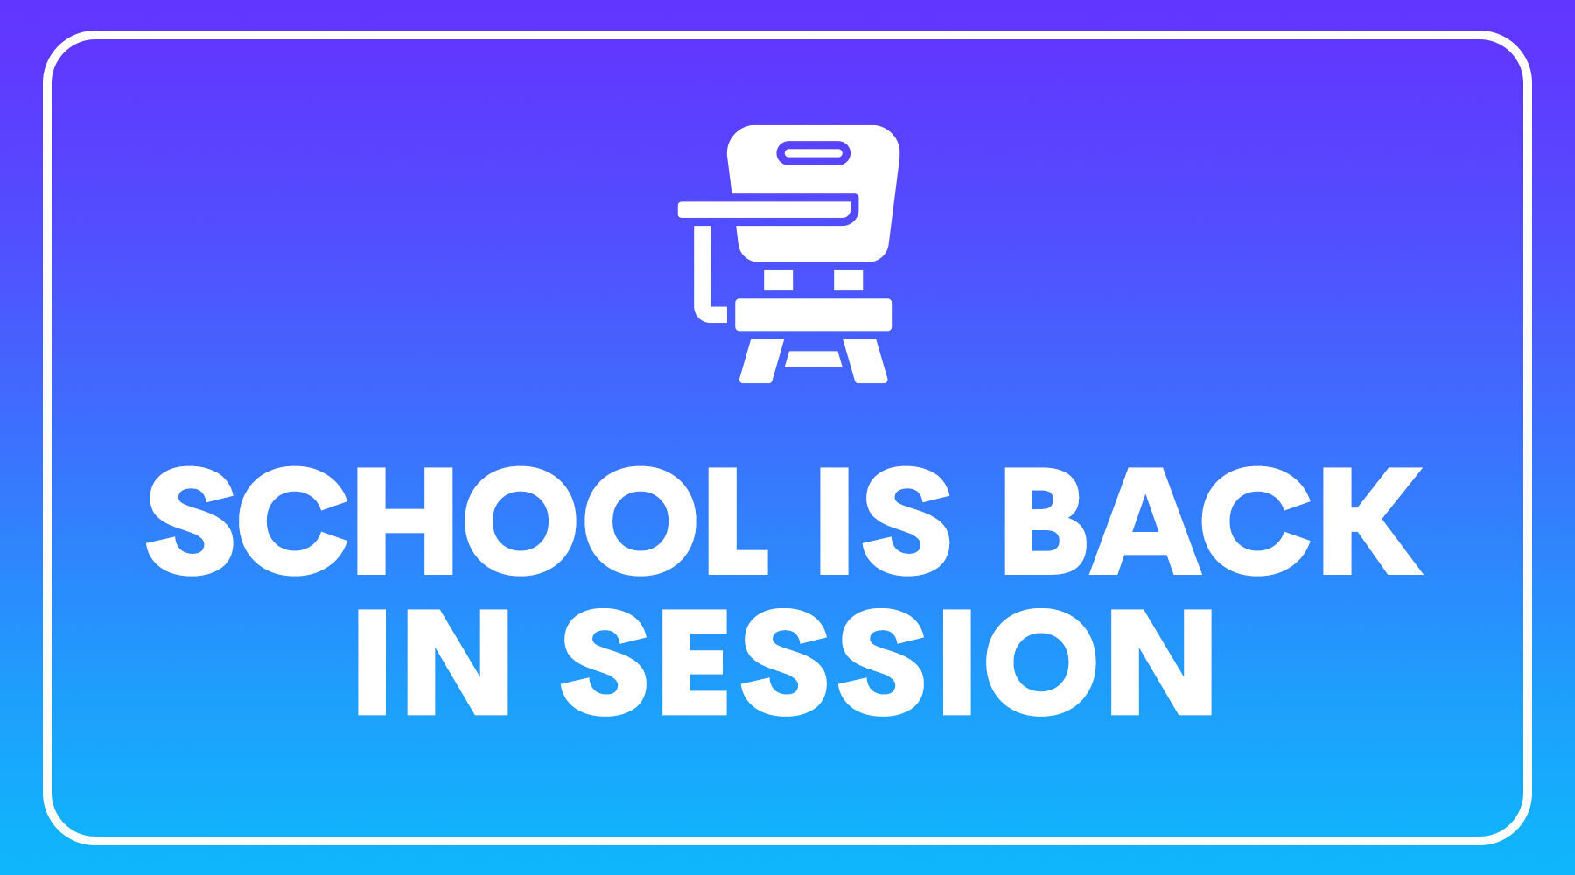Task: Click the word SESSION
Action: [887, 661]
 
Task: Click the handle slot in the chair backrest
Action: [814, 153]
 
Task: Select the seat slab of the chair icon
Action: [813, 314]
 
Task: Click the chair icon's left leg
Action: [758, 361]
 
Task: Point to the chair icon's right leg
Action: [868, 361]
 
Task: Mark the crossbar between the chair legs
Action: [813, 359]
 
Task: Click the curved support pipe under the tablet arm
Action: [702, 280]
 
